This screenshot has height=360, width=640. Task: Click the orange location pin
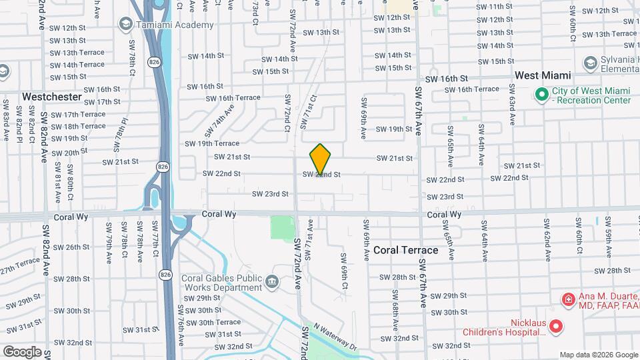320,159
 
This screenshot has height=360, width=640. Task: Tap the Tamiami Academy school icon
125,25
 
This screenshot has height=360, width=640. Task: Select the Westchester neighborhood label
51,97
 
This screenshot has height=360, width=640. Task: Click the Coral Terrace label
405,250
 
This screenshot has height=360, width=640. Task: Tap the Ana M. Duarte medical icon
568,299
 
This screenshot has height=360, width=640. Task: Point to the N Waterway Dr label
335,337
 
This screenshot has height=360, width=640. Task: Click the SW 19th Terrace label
212,143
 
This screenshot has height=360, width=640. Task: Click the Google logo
22,351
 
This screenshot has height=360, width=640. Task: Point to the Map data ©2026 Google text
598,355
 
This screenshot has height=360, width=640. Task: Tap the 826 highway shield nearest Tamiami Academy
154,62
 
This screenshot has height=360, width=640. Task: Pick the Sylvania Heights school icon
589,63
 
